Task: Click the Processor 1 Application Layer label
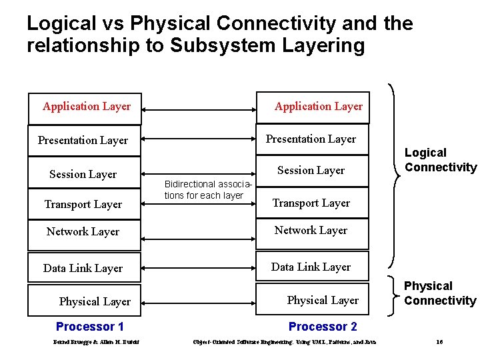[87, 107]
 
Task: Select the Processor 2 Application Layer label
[318, 107]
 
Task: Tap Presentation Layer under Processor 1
[83, 141]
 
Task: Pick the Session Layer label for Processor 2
[311, 171]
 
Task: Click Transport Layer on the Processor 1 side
[83, 205]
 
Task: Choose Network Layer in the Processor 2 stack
[311, 231]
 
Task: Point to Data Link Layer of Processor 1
[83, 269]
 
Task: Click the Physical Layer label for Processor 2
[323, 301]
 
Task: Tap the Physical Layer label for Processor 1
[95, 302]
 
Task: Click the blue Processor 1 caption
[90, 327]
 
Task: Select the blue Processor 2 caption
[323, 327]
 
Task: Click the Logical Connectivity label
[440, 161]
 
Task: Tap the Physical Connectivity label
[440, 293]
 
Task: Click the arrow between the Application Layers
[199, 108]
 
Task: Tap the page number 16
[439, 342]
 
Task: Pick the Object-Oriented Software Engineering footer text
[284, 343]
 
